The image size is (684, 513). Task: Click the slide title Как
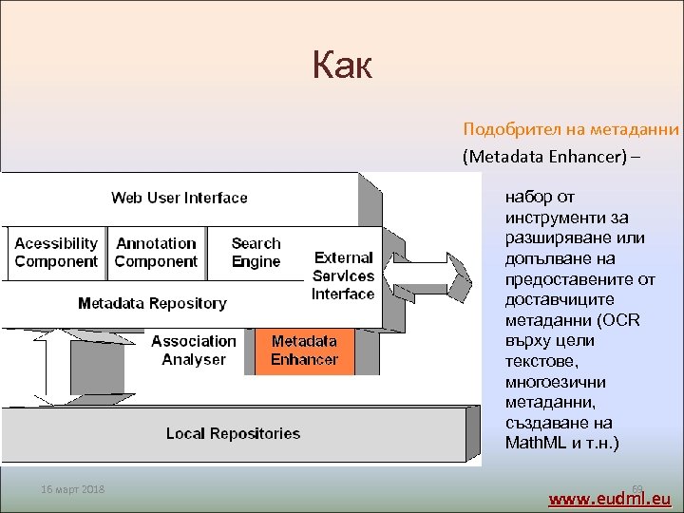pyautogui.click(x=342, y=66)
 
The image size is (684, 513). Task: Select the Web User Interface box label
pyautogui.click(x=179, y=198)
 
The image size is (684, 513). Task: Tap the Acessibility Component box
pyautogui.click(x=56, y=253)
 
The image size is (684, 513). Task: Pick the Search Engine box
pyautogui.click(x=256, y=253)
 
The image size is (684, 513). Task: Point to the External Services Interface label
pyautogui.click(x=343, y=275)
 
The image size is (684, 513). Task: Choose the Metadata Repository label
pyautogui.click(x=152, y=304)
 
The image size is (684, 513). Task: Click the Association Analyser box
pyautogui.click(x=194, y=350)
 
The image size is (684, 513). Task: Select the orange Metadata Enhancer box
pyautogui.click(x=304, y=350)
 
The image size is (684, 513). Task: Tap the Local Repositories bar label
pyautogui.click(x=233, y=434)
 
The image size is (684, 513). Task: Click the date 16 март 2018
pyautogui.click(x=73, y=489)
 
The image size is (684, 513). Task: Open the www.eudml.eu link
pyautogui.click(x=609, y=498)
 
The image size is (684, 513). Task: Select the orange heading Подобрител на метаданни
pyautogui.click(x=570, y=129)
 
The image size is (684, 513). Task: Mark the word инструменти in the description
pyautogui.click(x=551, y=218)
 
